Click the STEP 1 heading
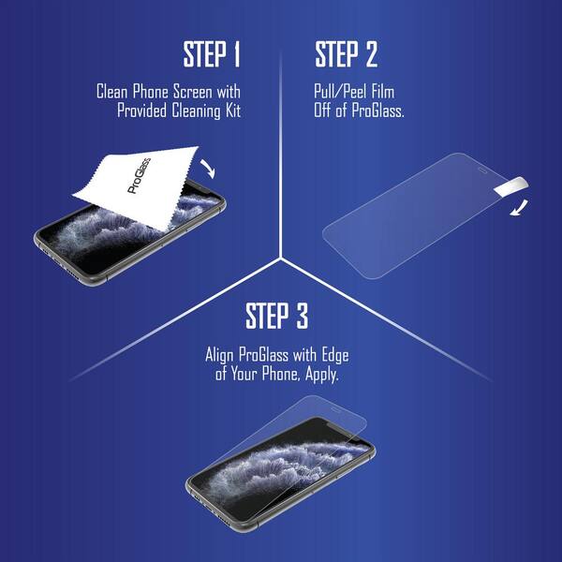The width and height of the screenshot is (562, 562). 212,54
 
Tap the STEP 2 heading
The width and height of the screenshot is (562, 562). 347,54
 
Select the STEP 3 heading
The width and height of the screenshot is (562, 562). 276,316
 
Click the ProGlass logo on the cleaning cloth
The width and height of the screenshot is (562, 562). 139,176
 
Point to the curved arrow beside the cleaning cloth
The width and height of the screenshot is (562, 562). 209,168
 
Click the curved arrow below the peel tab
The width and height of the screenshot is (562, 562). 520,209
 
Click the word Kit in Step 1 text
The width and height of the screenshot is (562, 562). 233,110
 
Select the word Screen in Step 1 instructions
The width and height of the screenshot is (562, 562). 193,92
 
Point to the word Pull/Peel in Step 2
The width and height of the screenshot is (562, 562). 340,92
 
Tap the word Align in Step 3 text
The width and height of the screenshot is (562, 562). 219,355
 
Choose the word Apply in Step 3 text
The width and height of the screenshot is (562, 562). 322,375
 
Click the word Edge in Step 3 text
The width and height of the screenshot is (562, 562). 334,355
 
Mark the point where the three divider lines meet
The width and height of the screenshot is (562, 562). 281,258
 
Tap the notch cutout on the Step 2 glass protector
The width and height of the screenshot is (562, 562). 483,170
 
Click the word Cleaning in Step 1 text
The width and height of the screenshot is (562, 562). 196,111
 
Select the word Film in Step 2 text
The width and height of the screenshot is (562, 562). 383,92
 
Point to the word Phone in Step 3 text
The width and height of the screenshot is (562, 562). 280,374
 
